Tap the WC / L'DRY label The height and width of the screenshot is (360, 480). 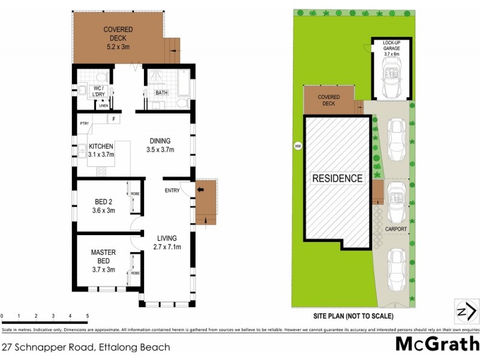click(x=101, y=92)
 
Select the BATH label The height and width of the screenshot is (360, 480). click(x=161, y=93)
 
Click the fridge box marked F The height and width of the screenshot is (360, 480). click(x=112, y=119)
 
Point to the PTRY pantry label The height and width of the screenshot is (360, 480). click(x=84, y=124)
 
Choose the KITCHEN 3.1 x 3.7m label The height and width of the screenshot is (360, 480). click(x=101, y=150)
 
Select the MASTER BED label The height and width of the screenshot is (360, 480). click(x=103, y=260)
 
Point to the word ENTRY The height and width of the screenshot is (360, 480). click(x=173, y=191)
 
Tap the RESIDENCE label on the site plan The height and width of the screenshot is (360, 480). click(x=337, y=178)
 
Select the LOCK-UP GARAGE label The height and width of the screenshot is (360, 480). click(x=391, y=49)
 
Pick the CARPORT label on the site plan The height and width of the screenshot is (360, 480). click(x=396, y=229)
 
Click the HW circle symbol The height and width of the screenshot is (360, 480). click(x=296, y=145)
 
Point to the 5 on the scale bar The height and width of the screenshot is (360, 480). click(x=88, y=315)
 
